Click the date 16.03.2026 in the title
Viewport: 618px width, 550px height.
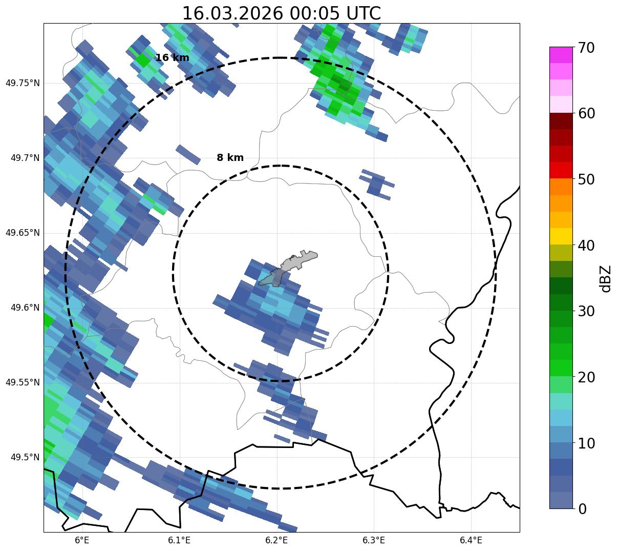pos(232,13)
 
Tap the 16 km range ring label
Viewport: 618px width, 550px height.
pos(172,58)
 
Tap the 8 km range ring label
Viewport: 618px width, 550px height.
pos(230,158)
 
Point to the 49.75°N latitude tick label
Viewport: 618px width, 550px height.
pos(23,83)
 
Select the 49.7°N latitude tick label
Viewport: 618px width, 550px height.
pos(25,158)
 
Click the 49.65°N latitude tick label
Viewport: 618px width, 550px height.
pos(23,233)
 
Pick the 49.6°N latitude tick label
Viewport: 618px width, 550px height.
pos(25,308)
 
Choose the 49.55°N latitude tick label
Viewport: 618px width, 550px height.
pos(23,382)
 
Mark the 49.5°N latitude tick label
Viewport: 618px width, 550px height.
pos(25,457)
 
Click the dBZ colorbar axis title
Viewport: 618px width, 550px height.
pos(606,278)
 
